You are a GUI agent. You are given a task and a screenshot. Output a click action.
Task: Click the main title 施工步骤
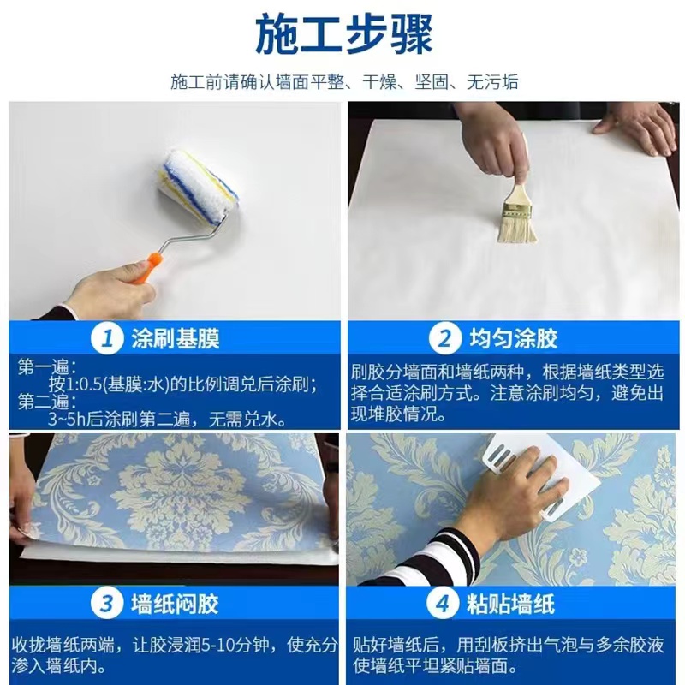(344, 34)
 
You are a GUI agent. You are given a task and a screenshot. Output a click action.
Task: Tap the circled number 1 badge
(107, 338)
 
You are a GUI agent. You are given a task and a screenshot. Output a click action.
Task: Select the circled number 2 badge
(444, 338)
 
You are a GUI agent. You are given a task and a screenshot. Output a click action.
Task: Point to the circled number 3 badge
(106, 604)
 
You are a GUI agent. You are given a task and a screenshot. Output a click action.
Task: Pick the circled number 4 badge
(443, 604)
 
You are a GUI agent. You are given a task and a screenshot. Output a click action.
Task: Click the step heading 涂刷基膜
(176, 338)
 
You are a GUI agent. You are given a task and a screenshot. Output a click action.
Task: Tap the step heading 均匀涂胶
(513, 338)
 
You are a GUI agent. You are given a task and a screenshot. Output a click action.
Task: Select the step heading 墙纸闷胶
(175, 605)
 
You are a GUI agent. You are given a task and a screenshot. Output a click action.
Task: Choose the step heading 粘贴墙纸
(510, 605)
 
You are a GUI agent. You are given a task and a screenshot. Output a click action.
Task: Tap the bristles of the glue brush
(517, 229)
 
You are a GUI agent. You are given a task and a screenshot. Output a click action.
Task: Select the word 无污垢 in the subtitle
(492, 81)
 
